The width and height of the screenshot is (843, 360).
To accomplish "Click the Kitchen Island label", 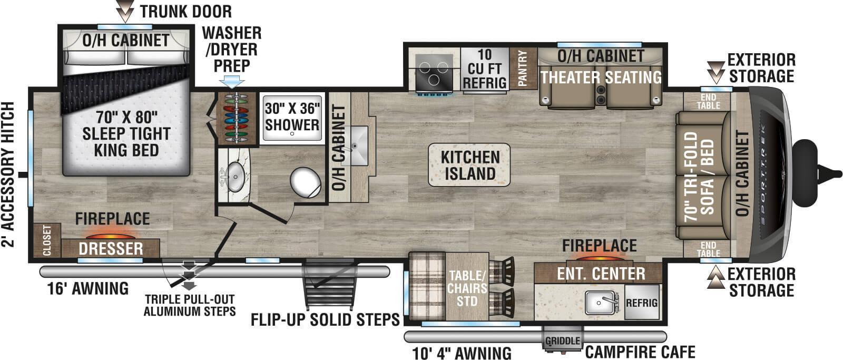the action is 469,166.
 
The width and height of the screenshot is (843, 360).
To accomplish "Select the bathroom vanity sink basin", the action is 236,176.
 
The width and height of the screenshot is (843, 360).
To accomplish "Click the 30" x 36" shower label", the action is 292,116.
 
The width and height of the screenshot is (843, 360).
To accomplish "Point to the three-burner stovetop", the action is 434,72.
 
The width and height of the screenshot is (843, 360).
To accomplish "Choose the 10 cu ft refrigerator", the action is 485,69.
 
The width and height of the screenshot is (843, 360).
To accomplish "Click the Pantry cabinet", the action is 523,69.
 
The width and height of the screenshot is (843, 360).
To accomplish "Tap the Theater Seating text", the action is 601,77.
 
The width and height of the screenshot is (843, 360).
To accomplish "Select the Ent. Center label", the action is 601,274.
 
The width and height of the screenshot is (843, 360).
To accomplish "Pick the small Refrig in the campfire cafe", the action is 642,303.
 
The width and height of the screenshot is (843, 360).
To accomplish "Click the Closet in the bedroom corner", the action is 47,241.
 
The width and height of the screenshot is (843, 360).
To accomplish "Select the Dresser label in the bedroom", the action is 111,249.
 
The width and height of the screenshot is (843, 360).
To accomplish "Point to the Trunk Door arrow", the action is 125,11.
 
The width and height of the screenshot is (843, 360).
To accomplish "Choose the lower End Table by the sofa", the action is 708,249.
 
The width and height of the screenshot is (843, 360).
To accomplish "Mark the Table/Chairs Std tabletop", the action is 467,287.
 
